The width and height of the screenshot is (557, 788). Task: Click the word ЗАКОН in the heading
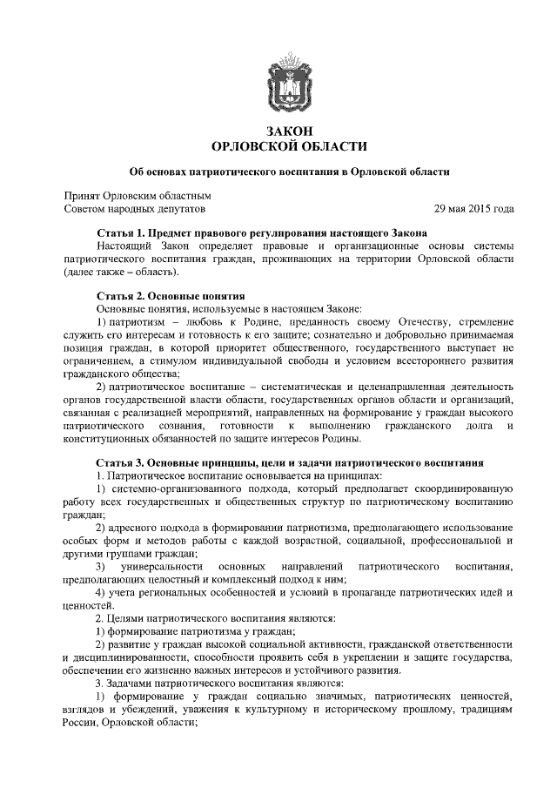pyautogui.click(x=289, y=130)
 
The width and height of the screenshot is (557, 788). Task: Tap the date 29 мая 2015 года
pyautogui.click(x=473, y=210)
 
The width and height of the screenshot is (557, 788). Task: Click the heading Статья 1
pyautogui.click(x=261, y=234)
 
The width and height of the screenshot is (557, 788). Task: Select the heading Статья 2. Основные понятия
pyautogui.click(x=170, y=296)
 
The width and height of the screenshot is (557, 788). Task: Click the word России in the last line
pyautogui.click(x=81, y=722)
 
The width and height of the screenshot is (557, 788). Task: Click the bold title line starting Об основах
pyautogui.click(x=289, y=172)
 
